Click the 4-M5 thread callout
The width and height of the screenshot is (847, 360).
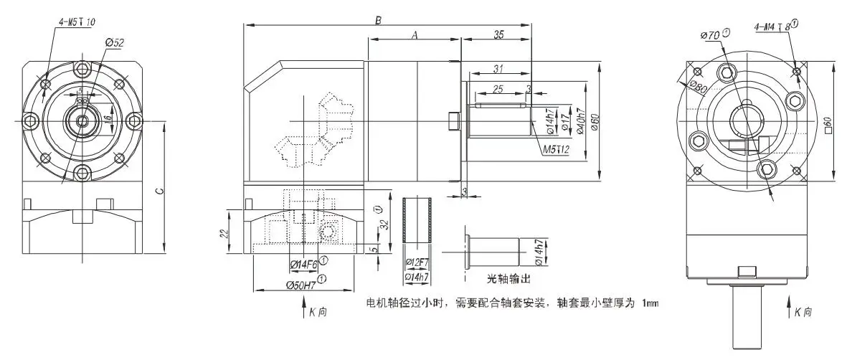coord(72,22)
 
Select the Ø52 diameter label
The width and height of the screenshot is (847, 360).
coord(115,43)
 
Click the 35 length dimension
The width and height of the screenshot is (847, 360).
coord(498,34)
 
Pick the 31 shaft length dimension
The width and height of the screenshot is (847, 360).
coord(498,68)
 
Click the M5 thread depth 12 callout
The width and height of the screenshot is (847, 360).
coord(554,150)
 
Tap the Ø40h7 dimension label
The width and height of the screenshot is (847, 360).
coord(581,122)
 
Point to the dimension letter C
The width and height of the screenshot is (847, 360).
coord(160,191)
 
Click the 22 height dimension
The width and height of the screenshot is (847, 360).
coord(224,233)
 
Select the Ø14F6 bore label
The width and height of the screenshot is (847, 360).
coord(304,265)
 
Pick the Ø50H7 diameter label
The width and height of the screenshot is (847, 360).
coord(297,285)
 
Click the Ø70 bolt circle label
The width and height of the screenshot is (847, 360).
coord(711,34)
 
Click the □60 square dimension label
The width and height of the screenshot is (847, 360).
coord(828,125)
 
